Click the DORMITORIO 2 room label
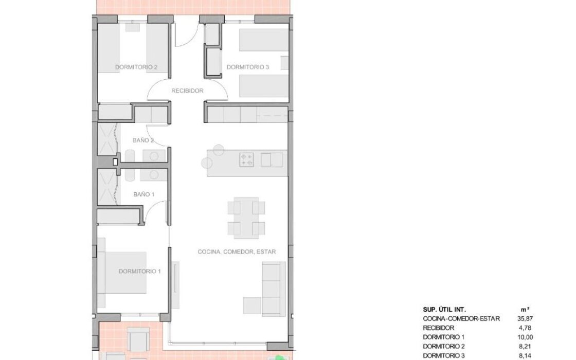click(136, 67)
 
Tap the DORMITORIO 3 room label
click(247, 67)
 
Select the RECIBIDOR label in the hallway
click(187, 91)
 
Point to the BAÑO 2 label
click(143, 140)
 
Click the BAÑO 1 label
click(143, 194)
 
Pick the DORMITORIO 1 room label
click(139, 272)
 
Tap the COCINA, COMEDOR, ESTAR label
click(237, 251)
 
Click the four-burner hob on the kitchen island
click(246, 160)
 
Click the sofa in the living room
click(274, 289)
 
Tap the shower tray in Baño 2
click(107, 139)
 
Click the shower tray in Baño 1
click(107, 187)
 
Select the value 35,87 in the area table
click(525, 319)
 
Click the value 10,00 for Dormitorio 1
click(525, 337)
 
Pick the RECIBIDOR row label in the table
click(438, 328)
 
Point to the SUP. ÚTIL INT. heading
click(444, 310)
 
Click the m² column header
click(525, 310)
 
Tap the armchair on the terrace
click(138, 339)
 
